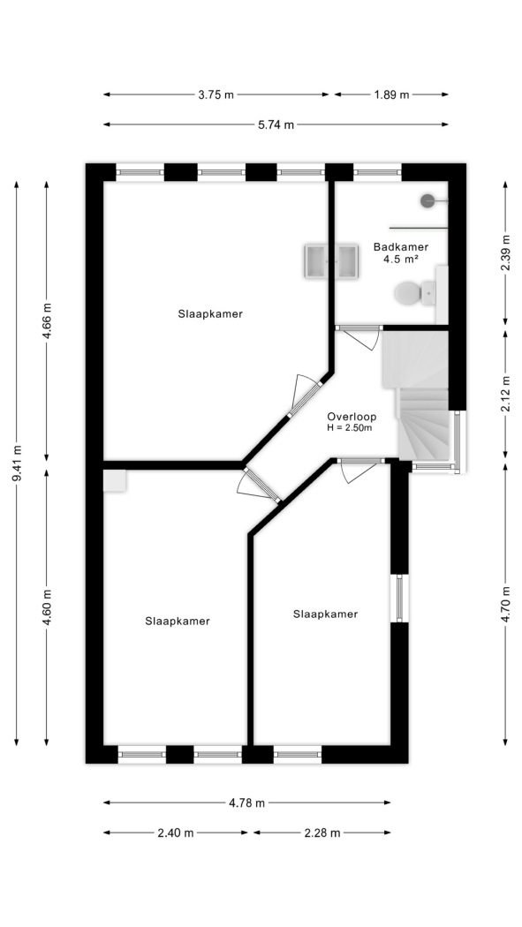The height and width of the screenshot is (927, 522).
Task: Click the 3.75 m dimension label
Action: pos(216,94)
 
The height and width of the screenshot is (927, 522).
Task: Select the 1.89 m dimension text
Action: pos(391,94)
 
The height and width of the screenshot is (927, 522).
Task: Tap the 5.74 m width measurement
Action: pos(276,124)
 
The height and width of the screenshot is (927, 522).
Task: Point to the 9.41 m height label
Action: pos(17,463)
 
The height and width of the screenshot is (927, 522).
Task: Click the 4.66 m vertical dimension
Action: pos(48,321)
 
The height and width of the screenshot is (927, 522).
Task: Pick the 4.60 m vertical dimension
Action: pos(48,607)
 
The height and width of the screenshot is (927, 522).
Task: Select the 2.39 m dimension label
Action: pos(505,252)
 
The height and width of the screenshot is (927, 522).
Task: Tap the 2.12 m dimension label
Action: pos(505,394)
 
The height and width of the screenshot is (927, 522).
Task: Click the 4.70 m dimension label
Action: pos(505,604)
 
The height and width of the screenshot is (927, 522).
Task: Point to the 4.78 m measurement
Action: pos(246,803)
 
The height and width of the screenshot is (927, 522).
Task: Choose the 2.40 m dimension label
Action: pos(176,833)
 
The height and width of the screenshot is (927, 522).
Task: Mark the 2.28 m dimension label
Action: pos(322,833)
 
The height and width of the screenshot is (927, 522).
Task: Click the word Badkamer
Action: pos(401,247)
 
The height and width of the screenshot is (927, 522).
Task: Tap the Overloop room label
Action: pos(352,416)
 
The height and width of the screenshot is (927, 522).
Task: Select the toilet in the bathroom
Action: pos(415,292)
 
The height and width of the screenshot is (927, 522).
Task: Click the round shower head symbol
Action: pos(428,201)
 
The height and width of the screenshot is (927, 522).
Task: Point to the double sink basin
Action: pos(331,260)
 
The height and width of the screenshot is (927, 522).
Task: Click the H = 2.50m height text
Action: pos(350,428)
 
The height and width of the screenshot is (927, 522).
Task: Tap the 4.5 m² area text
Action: pos(401,259)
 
